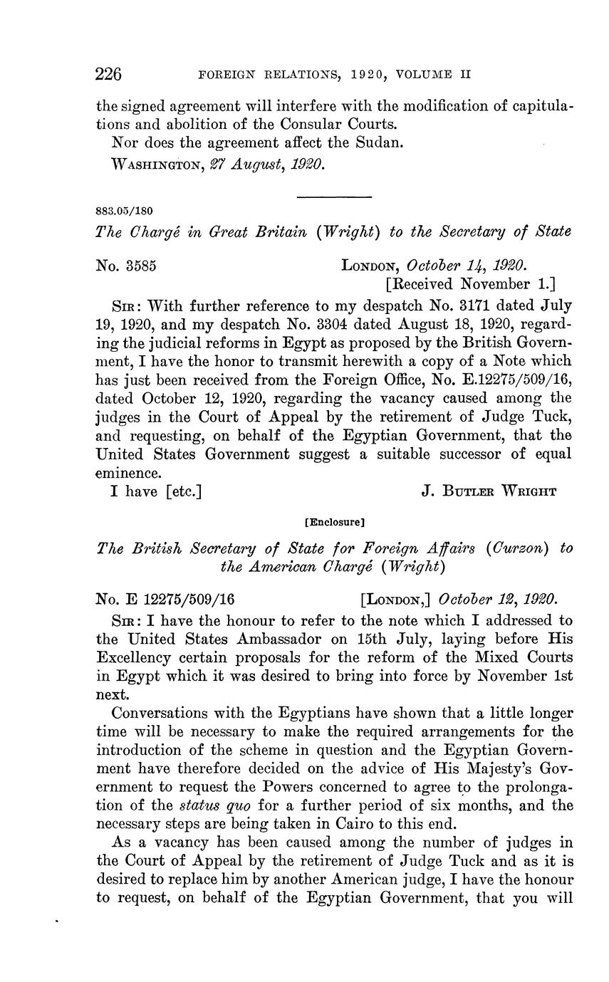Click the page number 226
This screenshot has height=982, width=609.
coord(110,73)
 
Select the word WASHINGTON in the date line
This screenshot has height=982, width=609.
coord(154,165)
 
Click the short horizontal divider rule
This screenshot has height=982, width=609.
coord(333,197)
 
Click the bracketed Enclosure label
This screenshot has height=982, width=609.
coord(334,522)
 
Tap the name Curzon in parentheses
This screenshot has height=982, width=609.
coord(524,548)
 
